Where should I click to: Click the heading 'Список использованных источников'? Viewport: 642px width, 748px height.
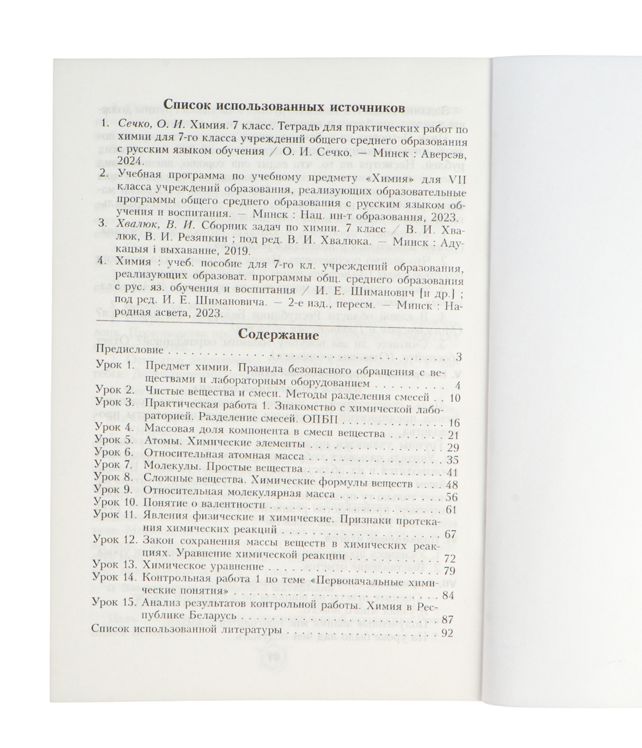(284, 106)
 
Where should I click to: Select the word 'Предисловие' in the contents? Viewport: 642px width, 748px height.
(128, 353)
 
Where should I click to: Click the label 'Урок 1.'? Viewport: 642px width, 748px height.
(112, 366)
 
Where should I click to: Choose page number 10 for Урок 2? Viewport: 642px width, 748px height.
(455, 398)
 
